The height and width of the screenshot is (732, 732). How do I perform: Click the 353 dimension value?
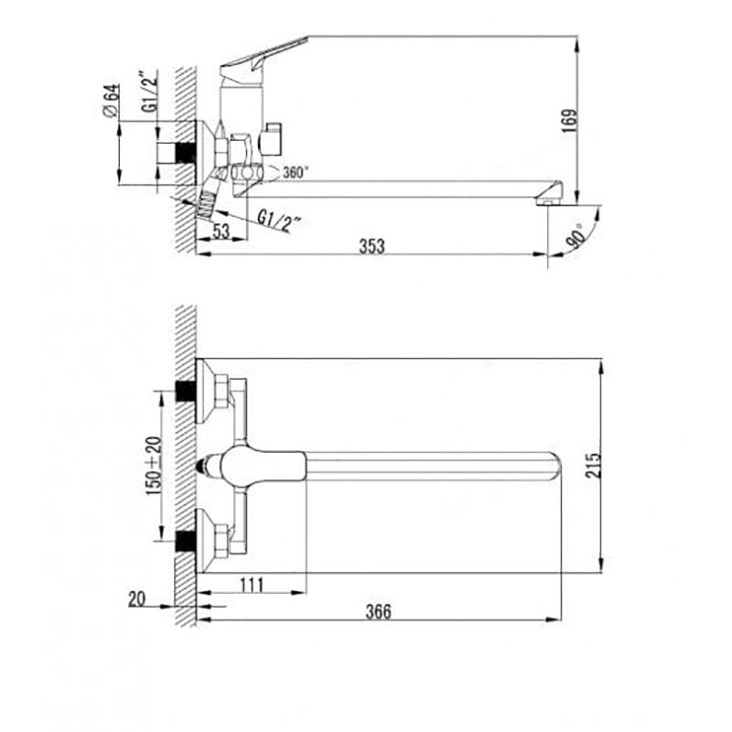[x=371, y=246]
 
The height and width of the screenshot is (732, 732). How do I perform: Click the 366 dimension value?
[x=378, y=611]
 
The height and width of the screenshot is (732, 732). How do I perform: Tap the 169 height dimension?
[x=569, y=121]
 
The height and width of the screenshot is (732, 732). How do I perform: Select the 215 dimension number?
[x=594, y=465]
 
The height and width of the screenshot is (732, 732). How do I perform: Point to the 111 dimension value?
[x=252, y=585]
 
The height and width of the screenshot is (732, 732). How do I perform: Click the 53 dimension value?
[x=221, y=231]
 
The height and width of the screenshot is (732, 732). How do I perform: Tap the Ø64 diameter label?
[x=111, y=102]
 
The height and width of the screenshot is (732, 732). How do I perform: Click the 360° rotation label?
[x=296, y=173]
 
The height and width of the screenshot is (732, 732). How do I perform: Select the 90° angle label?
[x=576, y=236]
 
